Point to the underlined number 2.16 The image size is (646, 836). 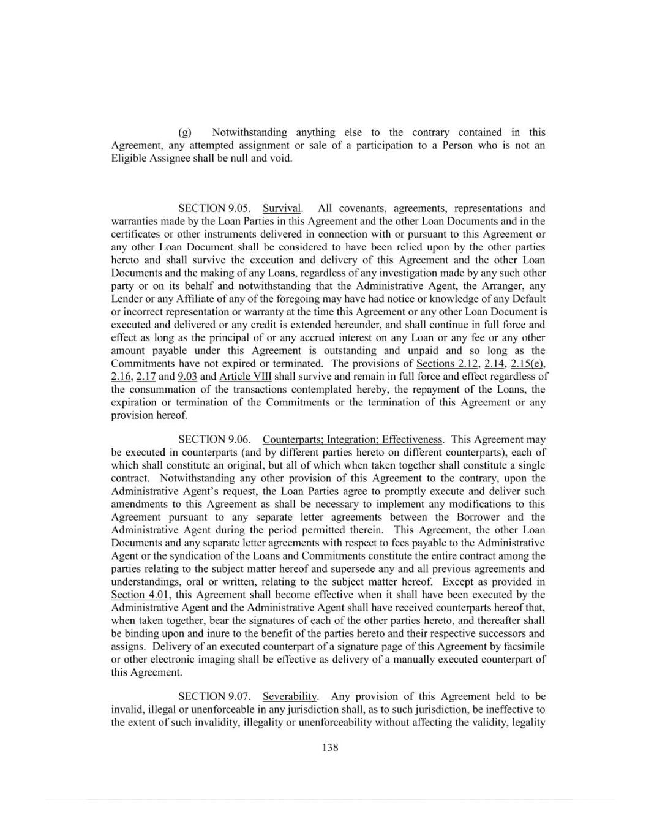point(120,376)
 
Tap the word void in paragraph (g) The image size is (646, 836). point(281,158)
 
